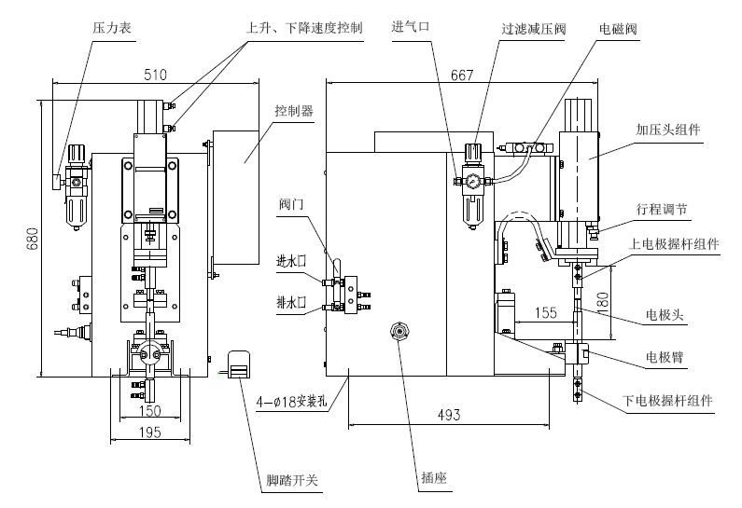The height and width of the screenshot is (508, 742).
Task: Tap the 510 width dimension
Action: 156,75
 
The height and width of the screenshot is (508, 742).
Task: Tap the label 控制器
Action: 293,110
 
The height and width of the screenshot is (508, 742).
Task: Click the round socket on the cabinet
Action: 400,332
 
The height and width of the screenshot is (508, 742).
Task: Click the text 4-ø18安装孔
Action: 294,403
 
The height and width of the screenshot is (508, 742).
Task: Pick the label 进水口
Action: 291,261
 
